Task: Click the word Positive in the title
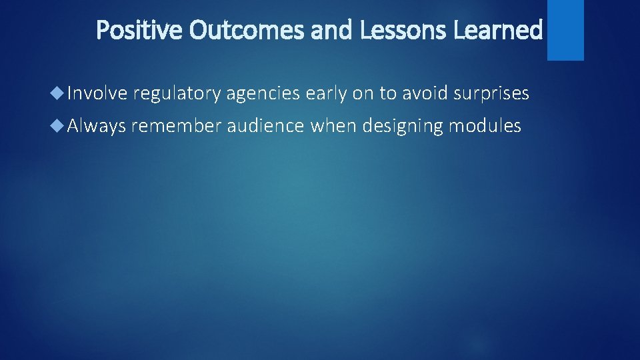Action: [x=137, y=30]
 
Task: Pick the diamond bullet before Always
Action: [x=58, y=125]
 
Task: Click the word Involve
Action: [x=97, y=94]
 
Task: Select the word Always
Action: [x=96, y=126]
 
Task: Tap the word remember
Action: [x=177, y=125]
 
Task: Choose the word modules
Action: [x=485, y=125]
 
